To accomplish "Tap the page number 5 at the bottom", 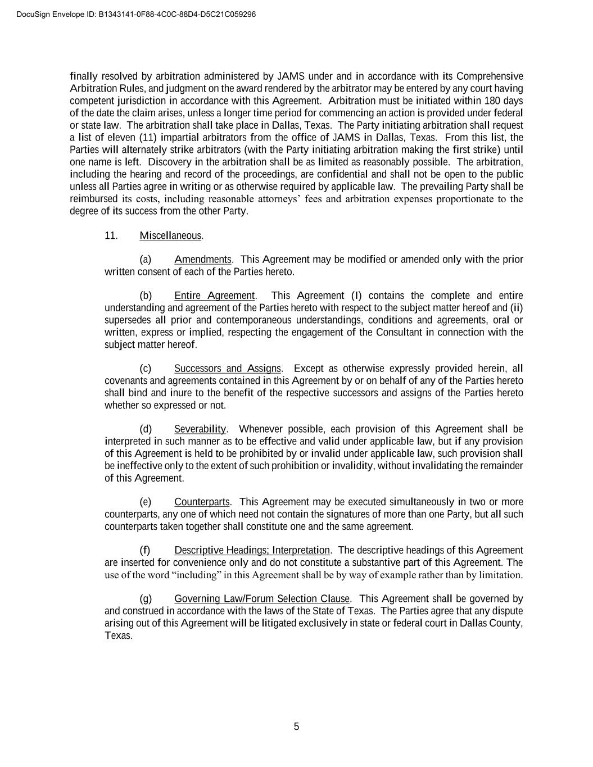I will [x=296, y=727].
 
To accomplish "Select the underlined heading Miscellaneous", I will [x=170, y=235].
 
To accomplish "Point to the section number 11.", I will [x=111, y=235].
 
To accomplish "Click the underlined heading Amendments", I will [x=202, y=260].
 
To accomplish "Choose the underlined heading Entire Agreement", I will [x=214, y=296].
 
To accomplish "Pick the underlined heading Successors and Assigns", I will [x=227, y=369].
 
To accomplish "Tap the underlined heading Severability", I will [x=200, y=429].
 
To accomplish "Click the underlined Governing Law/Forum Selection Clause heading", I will [x=262, y=599].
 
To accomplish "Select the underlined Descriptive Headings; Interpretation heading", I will [x=252, y=550].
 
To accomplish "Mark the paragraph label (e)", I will [x=146, y=502].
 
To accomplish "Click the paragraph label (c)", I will [x=146, y=369].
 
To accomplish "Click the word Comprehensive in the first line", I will [x=490, y=76].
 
